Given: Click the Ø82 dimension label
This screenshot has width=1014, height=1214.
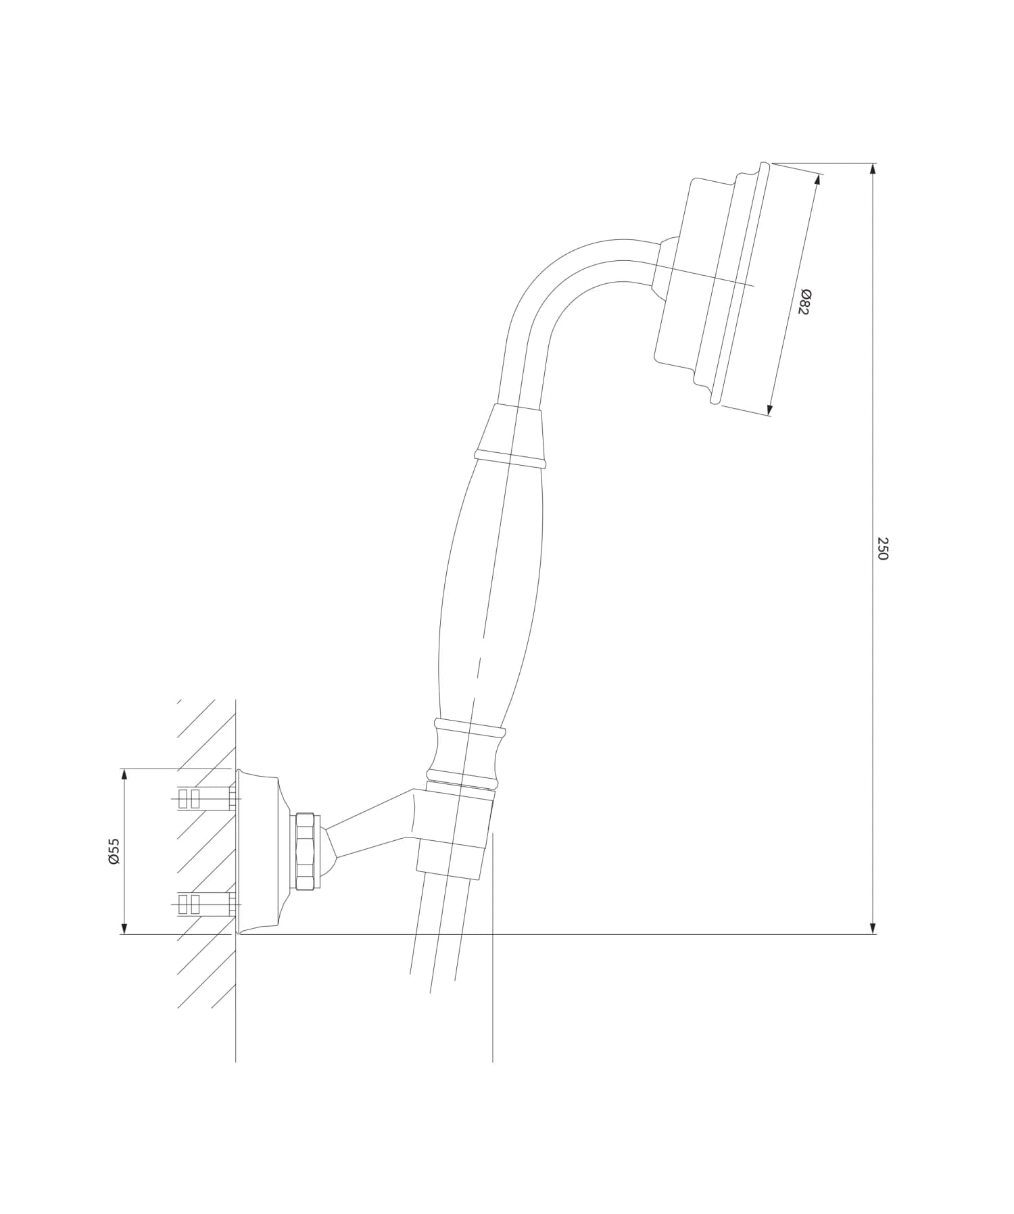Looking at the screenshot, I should [x=804, y=301].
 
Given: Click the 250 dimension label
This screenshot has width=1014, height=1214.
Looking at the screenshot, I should [x=882, y=548].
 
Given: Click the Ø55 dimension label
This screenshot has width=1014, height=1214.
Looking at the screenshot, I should [x=114, y=850].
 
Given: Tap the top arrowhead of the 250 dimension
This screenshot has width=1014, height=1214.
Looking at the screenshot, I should [x=873, y=170].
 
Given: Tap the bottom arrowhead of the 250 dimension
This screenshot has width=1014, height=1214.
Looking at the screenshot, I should [x=873, y=927].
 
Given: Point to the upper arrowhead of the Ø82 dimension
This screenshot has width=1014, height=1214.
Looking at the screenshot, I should [x=819, y=180].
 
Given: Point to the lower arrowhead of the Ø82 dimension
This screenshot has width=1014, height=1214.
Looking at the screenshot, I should [x=769, y=408].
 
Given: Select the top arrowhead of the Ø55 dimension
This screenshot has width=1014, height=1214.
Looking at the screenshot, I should [x=124, y=775].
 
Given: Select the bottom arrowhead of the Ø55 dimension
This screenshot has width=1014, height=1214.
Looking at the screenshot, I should [x=124, y=927].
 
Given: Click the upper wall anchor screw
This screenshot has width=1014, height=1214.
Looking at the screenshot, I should [x=203, y=798].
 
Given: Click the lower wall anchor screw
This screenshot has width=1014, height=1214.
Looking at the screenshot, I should [x=203, y=904].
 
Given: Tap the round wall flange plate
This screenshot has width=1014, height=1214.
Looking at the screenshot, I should [x=260, y=851].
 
